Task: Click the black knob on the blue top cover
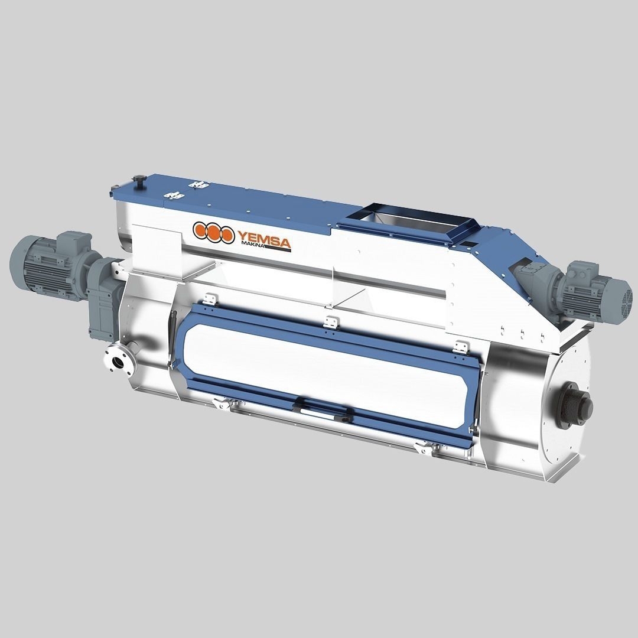click(139, 181)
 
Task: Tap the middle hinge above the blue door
click(331, 323)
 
